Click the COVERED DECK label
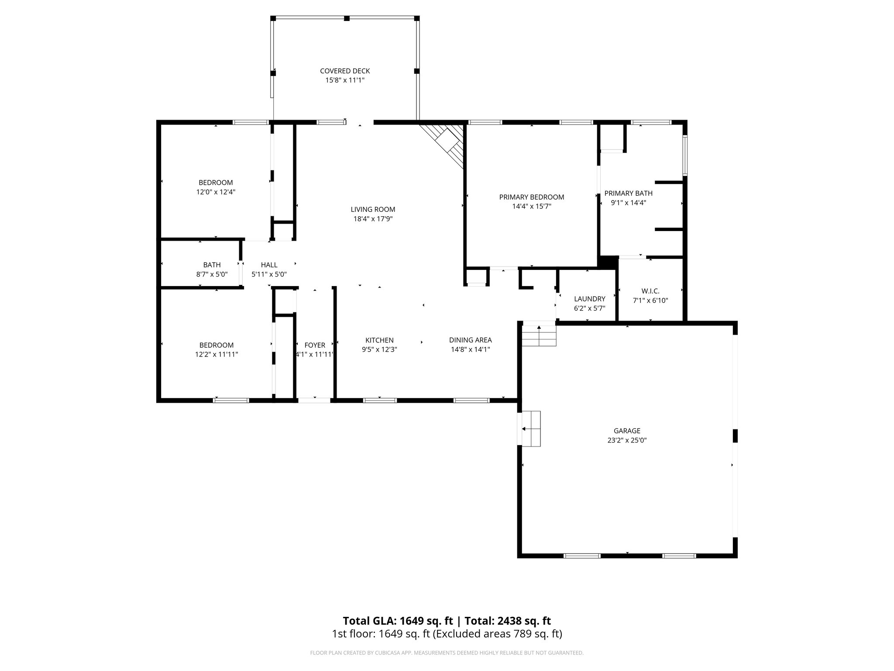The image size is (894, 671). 345,71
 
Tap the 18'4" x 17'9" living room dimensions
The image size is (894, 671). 373,219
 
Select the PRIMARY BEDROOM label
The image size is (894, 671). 531,197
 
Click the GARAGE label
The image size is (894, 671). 627,431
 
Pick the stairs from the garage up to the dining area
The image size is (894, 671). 539,335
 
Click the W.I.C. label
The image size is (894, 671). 650,291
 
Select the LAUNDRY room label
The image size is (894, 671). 589,299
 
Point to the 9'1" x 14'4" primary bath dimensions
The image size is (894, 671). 628,203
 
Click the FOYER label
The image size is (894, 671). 315,345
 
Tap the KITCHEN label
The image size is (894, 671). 379,340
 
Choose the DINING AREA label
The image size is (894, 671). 470,340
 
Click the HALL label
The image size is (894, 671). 269,265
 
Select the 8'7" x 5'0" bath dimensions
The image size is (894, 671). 212,274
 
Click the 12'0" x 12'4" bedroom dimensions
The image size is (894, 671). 216,192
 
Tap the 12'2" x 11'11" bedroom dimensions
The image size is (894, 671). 216,354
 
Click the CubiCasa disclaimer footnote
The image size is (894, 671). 447,653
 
